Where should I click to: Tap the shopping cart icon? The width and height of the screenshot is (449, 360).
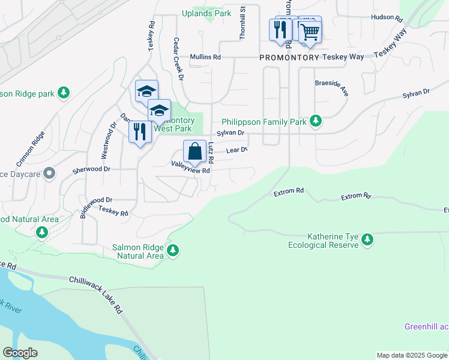point(310,31)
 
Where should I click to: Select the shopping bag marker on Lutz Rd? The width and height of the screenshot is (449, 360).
point(195,152)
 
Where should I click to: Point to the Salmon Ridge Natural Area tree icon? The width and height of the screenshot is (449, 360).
point(173,250)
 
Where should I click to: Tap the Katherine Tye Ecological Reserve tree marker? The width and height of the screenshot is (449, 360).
point(367,240)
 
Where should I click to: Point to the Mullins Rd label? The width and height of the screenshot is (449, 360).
point(205,57)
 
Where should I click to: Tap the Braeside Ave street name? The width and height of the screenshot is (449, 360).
point(332,88)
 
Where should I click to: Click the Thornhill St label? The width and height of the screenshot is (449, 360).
point(243,23)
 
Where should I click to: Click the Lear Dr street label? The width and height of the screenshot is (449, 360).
point(237,151)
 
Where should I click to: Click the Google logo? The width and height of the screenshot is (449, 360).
point(20,353)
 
